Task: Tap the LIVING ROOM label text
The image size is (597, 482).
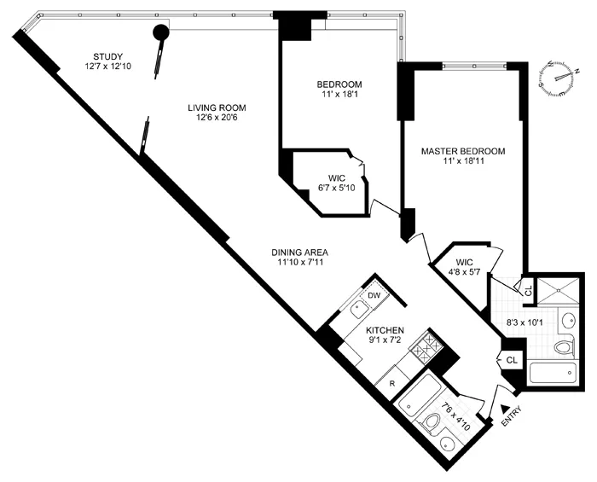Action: [217, 107]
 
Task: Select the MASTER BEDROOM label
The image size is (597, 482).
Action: [463, 151]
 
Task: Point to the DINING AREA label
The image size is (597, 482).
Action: [299, 252]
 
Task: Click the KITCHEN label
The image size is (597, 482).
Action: [385, 330]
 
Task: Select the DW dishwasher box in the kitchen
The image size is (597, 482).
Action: [374, 296]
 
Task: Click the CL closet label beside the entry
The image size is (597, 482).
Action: [512, 361]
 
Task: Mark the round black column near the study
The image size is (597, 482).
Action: [159, 33]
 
